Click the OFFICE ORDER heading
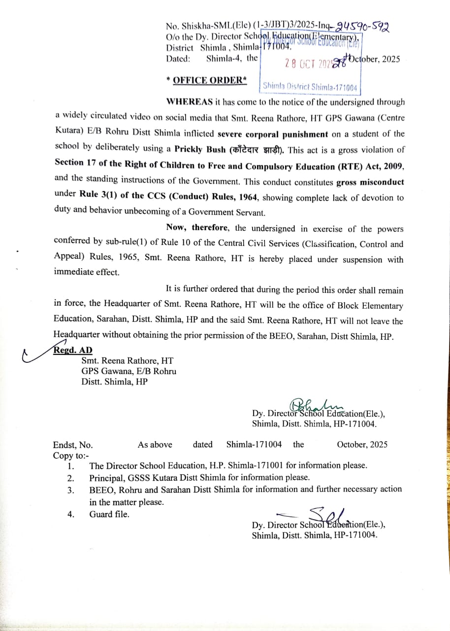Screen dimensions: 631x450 click(206, 80)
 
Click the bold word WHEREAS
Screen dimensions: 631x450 click(190, 102)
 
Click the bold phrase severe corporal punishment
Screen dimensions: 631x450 click(273, 134)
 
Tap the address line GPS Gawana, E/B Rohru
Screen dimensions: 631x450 click(129, 371)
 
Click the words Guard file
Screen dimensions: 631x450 click(109, 514)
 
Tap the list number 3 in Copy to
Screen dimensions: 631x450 click(71, 490)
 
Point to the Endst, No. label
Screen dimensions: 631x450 click(72, 444)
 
